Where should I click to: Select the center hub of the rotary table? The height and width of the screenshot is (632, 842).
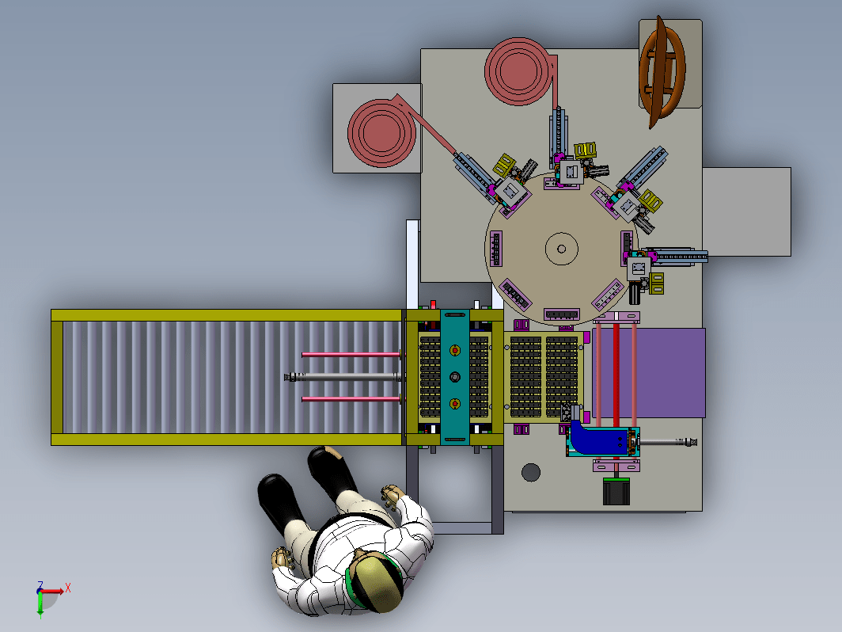coord(562,249)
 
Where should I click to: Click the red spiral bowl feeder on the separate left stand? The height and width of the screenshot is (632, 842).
coord(381,131)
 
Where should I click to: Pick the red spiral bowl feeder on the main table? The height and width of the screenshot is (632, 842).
coord(518,71)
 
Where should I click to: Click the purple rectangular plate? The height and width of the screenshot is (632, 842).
coord(650,372)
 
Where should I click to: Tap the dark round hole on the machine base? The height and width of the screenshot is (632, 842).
coord(531,472)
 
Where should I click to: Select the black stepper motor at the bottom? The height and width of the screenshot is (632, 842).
coord(616,491)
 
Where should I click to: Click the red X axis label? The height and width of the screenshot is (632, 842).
coord(68,588)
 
